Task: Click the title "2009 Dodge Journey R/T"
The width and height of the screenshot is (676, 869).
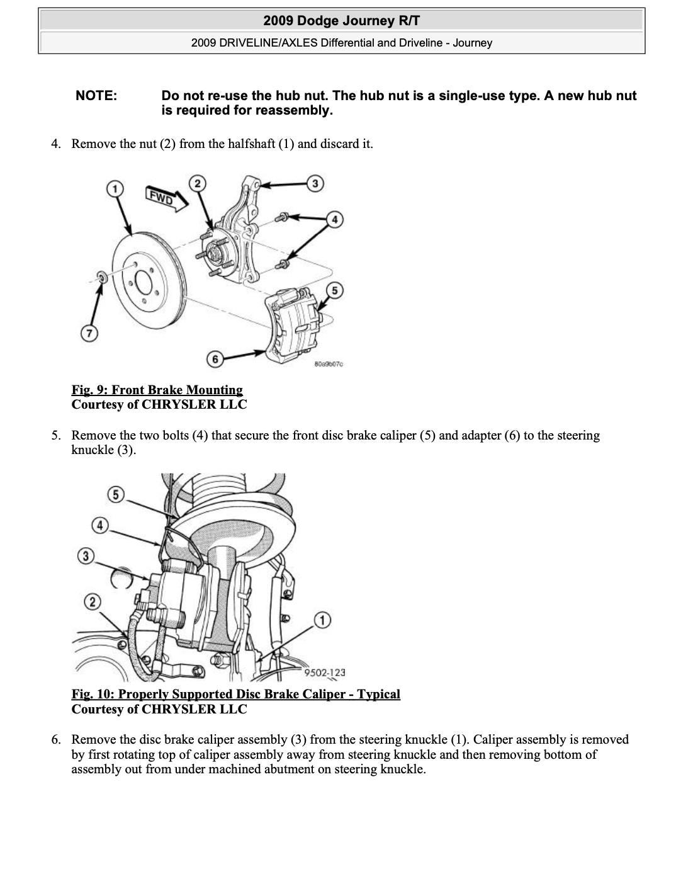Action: click(x=341, y=21)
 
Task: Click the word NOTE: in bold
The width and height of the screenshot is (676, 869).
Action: click(x=96, y=96)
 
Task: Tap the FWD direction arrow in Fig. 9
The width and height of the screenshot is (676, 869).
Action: click(x=166, y=198)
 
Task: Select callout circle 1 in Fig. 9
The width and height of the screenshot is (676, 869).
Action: click(x=114, y=188)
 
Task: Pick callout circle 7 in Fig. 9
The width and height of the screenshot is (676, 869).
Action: click(x=89, y=333)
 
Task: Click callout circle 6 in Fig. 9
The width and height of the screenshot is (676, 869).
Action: click(x=215, y=359)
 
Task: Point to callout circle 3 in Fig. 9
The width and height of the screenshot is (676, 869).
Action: click(x=315, y=183)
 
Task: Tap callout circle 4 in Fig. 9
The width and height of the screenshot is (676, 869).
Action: click(x=334, y=219)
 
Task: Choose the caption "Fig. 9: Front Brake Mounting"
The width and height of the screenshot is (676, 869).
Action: click(x=157, y=390)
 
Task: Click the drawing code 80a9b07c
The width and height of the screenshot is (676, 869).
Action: click(x=328, y=364)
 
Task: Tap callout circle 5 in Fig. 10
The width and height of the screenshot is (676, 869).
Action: click(x=115, y=494)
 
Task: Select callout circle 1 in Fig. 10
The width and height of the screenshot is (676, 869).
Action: click(x=322, y=620)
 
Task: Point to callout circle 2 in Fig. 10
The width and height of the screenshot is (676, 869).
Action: click(x=93, y=602)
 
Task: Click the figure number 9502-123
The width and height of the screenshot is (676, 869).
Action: click(x=325, y=673)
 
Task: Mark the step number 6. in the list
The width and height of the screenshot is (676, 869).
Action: click(x=56, y=739)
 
